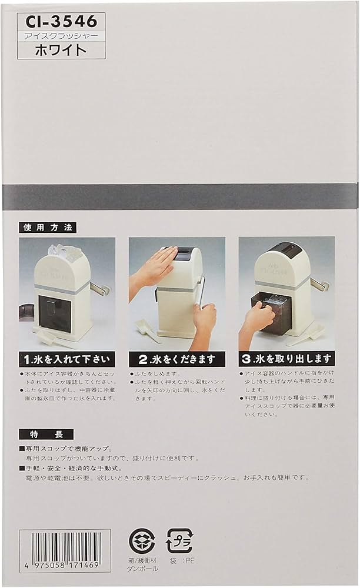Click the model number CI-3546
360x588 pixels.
pos(61,22)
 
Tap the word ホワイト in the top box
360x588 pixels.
pos(61,50)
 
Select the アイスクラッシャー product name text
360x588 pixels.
pos(61,35)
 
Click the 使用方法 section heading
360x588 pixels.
pos(48,227)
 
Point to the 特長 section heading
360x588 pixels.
pos(46,434)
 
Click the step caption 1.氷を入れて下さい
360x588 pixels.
pos(66,359)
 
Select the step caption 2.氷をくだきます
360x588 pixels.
pos(176,359)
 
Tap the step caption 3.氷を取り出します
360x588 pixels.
pos(286,359)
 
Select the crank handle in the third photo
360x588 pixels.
pos(320,285)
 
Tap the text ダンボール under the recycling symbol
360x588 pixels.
pos(142,570)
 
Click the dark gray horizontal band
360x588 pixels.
pos(179,196)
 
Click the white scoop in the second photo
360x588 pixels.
pos(147,331)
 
